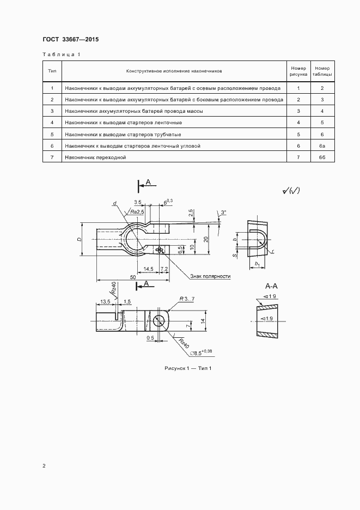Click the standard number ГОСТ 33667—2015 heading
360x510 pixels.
pos(71,39)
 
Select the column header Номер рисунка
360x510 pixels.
pos(298,71)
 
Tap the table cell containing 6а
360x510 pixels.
pos(322,146)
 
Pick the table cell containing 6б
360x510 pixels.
pos(322,157)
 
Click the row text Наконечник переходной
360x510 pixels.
pos(95,157)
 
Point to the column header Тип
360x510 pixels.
pos(52,71)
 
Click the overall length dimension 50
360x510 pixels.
pos(133,277)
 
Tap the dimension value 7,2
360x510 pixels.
pos(164,269)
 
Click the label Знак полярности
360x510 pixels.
pos(210,276)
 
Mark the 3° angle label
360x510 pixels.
pos(223,212)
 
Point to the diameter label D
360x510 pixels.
pos(80,239)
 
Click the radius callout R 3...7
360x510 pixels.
pos(187,299)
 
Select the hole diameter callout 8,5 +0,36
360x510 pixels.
pos(201,353)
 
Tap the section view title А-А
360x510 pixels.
pos(271,287)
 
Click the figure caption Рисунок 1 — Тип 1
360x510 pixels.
pos(188,368)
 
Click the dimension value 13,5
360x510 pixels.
pos(105,302)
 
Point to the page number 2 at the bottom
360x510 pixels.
pos(44,466)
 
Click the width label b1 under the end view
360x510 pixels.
pos(257,264)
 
